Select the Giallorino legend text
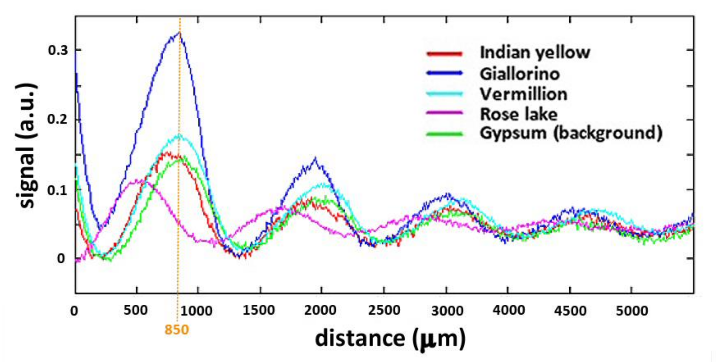click(519, 74)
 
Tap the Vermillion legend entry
click(523, 94)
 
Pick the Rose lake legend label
click(519, 114)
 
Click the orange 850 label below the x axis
click(177, 330)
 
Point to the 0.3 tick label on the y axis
click(58, 51)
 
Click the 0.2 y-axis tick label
click(58, 120)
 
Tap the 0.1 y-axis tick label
click(58, 191)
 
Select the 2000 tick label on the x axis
click(320, 310)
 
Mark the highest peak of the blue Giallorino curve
click(180, 33)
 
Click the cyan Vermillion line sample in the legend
click(444, 94)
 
